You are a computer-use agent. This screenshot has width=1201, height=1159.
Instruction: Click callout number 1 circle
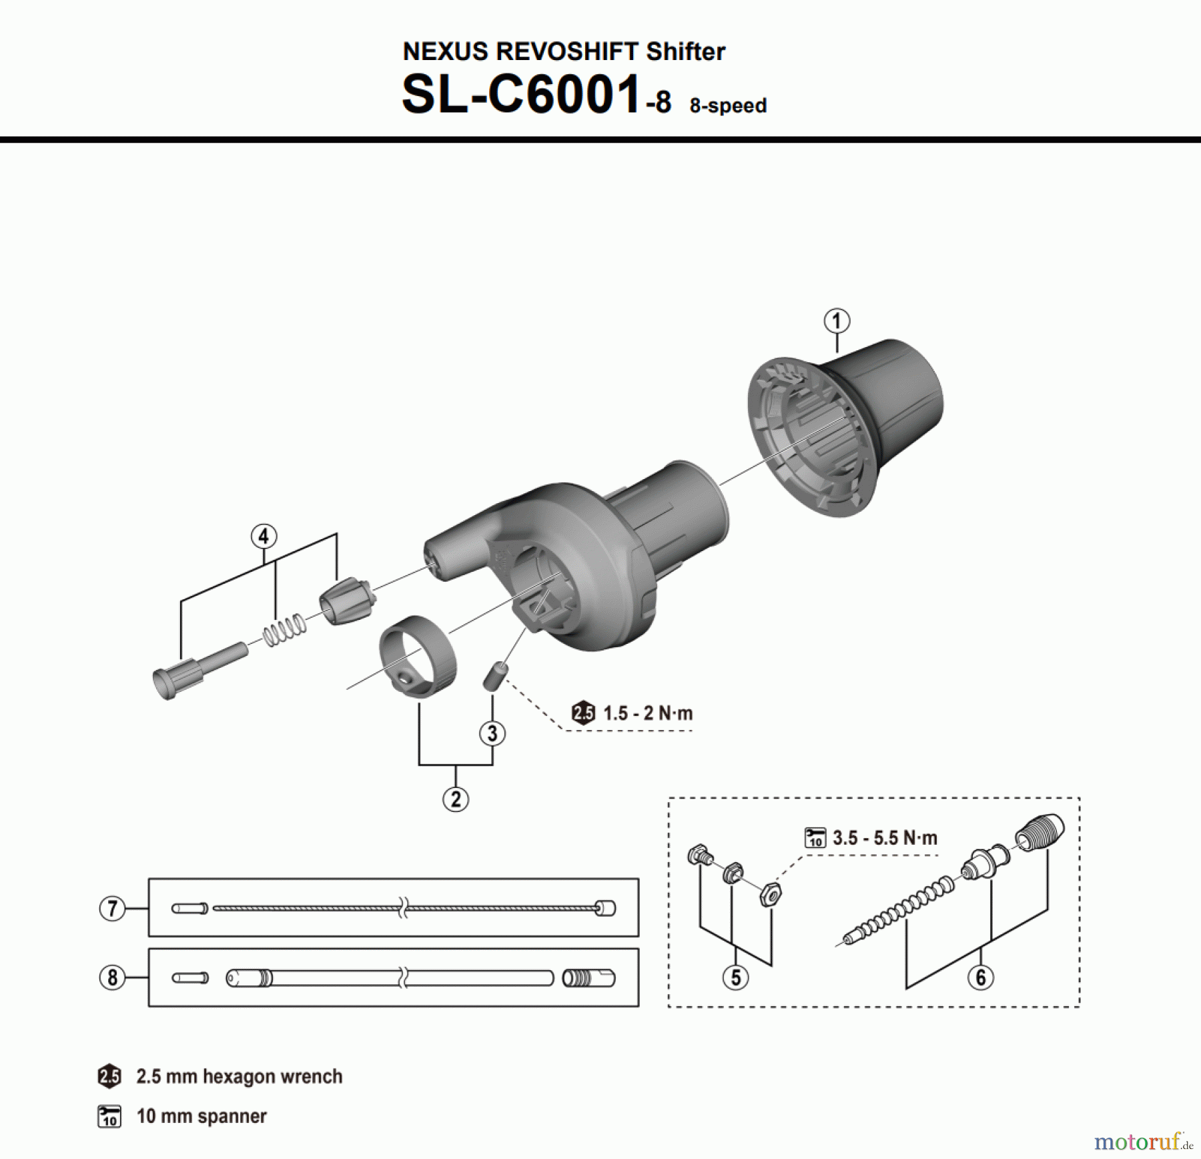[837, 321]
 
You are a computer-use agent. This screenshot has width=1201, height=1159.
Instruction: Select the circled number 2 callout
[456, 799]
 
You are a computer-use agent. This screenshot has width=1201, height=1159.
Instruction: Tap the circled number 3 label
[492, 733]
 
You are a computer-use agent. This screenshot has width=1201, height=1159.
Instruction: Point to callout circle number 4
[264, 536]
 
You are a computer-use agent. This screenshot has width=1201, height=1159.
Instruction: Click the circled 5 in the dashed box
[735, 978]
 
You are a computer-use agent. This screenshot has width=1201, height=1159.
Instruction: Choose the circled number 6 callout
[980, 978]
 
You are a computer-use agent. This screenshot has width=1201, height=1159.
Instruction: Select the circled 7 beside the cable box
[112, 908]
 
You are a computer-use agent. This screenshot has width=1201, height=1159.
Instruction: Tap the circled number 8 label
[112, 978]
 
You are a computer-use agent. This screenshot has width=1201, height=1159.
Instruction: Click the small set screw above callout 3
[494, 675]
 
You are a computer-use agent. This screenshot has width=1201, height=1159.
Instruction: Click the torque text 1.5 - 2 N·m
[647, 713]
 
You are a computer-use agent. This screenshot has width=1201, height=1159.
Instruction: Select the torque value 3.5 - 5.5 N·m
[885, 837]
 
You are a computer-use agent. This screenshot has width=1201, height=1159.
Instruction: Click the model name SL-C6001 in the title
[522, 95]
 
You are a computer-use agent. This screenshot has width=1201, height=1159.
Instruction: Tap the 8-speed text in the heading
[728, 105]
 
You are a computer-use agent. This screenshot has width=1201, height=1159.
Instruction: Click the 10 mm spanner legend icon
[109, 1116]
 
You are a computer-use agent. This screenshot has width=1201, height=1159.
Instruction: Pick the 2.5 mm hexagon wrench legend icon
[109, 1076]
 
